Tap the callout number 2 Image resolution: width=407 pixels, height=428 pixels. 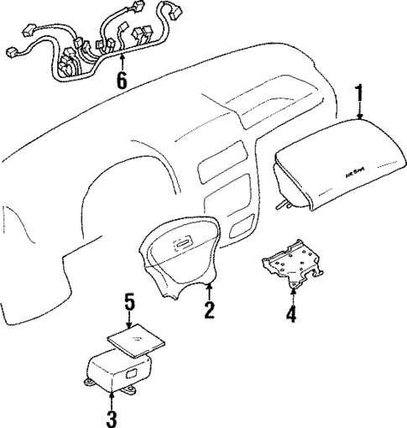[x=209, y=311]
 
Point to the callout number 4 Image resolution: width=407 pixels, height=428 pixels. [x=291, y=316]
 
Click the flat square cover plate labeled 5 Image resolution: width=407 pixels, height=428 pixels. [x=129, y=342]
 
